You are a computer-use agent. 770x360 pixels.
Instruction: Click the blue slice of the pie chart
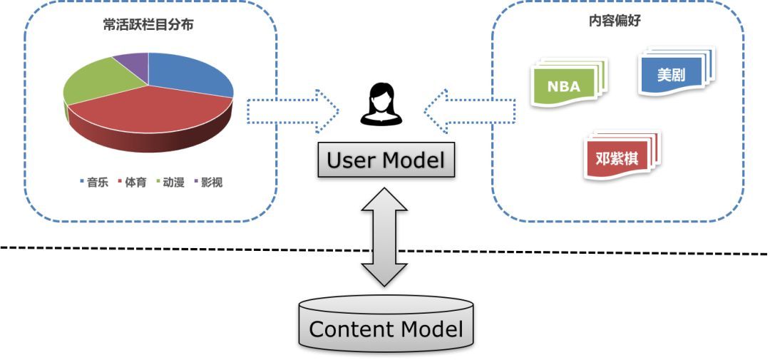[189, 75]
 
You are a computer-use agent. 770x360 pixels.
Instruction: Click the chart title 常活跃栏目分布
[149, 26]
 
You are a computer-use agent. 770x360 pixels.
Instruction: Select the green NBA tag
[564, 86]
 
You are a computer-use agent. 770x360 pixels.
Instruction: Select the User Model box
[385, 160]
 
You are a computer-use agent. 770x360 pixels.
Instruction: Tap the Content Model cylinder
[386, 324]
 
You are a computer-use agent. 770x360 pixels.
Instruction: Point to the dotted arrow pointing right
[292, 111]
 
